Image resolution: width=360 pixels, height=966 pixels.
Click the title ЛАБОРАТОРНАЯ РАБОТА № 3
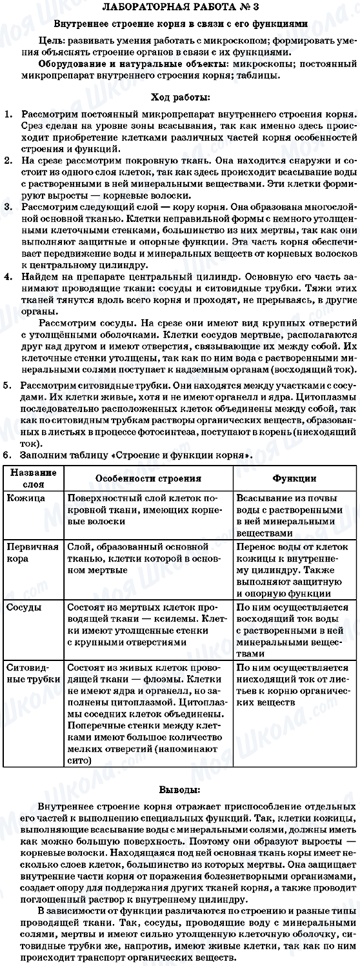(x=179, y=7)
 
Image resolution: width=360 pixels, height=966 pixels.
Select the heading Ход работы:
(x=179, y=97)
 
